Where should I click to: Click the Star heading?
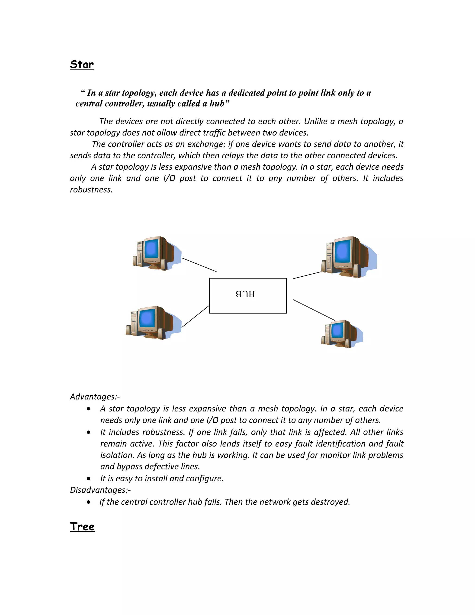[x=82, y=65]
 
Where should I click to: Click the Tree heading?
[x=82, y=527]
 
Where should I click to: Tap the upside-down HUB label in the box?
[x=245, y=294]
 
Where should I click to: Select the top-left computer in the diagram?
[x=157, y=253]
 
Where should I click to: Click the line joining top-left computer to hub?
[x=199, y=265]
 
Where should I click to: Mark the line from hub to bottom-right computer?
[x=314, y=310]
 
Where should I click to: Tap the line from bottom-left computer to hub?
[x=196, y=316]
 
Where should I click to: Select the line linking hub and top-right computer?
[x=307, y=275]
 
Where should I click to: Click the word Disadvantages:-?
[x=100, y=490]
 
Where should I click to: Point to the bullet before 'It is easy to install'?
[x=89, y=479]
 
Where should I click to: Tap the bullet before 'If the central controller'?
[x=89, y=502]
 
